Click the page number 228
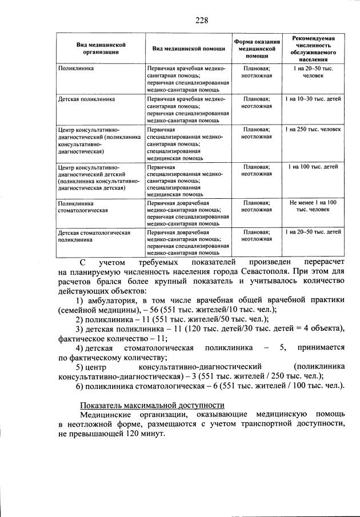201,21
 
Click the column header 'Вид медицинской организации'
101,48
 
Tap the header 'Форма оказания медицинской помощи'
257,49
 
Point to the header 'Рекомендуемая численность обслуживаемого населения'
313,48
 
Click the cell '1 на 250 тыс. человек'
313,130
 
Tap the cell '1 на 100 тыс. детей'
313,167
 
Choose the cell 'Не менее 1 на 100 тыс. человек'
313,206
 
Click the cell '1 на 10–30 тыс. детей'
313,99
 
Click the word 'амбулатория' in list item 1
111,300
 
